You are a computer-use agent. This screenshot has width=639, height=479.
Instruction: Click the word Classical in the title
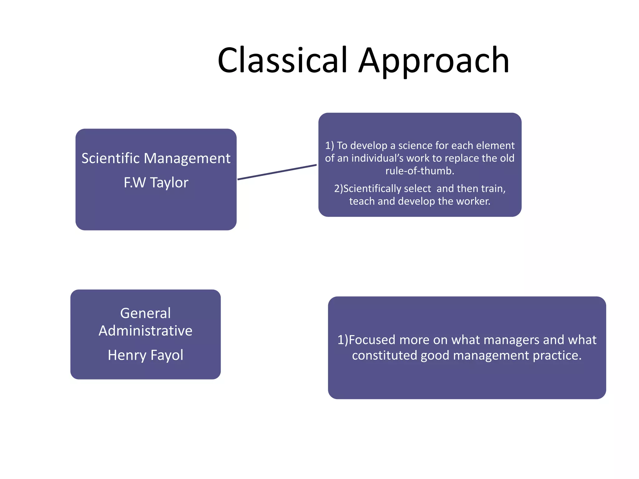point(282,60)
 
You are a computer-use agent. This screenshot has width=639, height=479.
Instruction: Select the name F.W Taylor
point(156,182)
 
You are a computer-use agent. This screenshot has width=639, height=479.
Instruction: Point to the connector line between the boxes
point(277,172)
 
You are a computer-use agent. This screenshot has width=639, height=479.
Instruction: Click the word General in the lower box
point(145,313)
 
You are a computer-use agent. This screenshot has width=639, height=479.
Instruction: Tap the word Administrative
point(145,331)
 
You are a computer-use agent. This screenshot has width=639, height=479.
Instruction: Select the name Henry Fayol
point(145,355)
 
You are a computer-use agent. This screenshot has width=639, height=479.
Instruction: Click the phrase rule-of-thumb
point(419,171)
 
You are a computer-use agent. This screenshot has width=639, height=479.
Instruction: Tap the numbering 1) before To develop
point(329,145)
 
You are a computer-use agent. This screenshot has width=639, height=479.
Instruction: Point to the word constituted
point(384,355)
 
